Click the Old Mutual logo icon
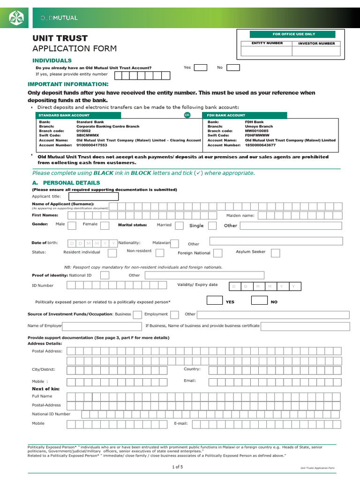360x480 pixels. (17, 18)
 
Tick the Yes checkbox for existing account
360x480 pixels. (200, 67)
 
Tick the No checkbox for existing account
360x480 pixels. (233, 67)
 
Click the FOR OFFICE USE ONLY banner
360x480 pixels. (292, 34)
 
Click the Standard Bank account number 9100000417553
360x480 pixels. (92, 145)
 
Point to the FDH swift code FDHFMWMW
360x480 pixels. (257, 135)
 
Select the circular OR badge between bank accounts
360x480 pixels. (187, 115)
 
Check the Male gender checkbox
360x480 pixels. (72, 225)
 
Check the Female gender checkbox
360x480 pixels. (105, 225)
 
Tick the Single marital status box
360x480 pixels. (212, 225)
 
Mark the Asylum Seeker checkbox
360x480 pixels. (275, 253)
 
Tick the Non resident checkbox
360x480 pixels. (160, 253)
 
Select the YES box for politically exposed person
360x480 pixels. (214, 300)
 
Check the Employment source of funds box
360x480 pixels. (174, 315)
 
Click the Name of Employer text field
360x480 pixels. (102, 326)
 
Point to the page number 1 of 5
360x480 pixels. (178, 467)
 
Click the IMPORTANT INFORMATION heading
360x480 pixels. (68, 84)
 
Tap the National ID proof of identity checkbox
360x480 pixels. (105, 275)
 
